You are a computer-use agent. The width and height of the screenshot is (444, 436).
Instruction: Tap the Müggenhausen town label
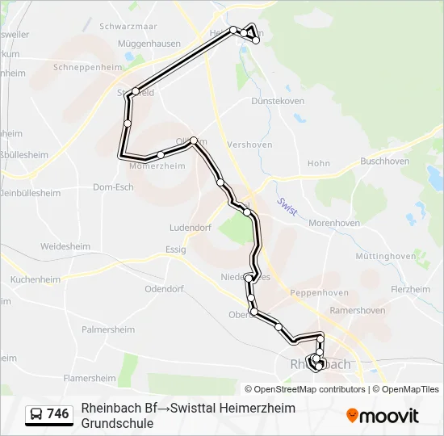pos(149,43)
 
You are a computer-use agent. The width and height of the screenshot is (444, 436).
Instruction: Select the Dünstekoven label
pos(278,101)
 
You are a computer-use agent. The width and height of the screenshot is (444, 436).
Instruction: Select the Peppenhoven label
pos(320,292)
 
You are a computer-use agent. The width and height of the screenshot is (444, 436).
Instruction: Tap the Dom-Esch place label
pos(113,187)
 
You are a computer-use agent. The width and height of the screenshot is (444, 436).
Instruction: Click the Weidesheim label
pos(65,245)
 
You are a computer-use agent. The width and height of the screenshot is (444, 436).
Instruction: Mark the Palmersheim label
pos(108,329)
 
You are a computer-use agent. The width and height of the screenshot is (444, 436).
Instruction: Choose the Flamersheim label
pos(90,377)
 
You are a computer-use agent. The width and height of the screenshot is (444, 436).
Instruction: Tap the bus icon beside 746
pos(36,414)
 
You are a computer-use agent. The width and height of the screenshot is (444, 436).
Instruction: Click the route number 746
pos(58,414)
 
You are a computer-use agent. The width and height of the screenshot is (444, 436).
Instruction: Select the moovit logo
pos(383,416)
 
